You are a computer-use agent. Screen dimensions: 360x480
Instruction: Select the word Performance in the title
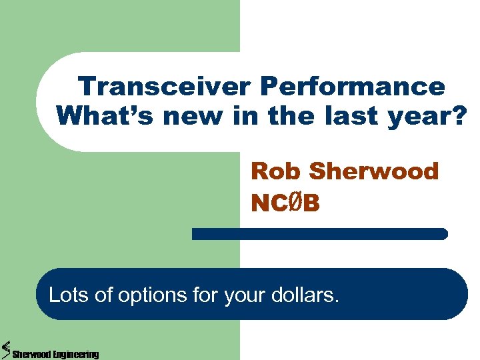pos(353,87)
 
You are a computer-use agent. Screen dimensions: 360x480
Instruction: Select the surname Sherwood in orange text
pos(374,171)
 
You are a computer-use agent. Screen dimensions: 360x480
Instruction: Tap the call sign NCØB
pos(285,203)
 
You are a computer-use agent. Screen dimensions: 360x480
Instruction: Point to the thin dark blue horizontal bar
pos(319,234)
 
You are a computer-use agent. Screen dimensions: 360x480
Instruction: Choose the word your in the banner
pos(242,295)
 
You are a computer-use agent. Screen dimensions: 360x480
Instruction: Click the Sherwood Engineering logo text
pos(55,354)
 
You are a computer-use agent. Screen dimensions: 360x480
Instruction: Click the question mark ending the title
pos(459,115)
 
